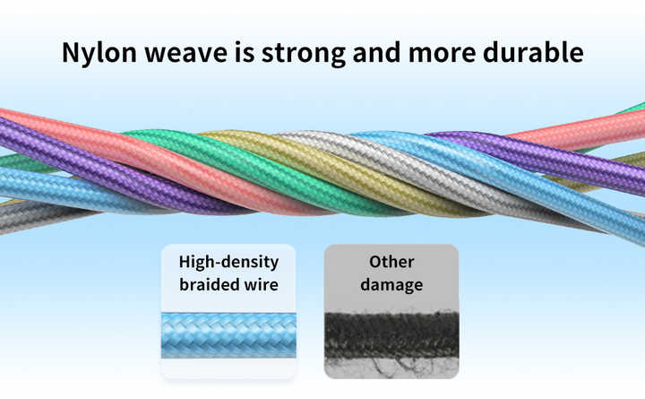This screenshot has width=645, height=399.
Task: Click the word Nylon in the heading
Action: click(99, 53)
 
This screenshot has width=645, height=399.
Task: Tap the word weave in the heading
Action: click(186, 53)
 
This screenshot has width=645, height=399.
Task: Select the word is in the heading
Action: click(245, 52)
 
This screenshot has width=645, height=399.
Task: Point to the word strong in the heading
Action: click(304, 55)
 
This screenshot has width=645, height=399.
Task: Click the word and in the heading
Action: click(376, 52)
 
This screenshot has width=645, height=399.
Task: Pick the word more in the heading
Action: click(442, 54)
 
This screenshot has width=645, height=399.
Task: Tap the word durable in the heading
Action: click(534, 52)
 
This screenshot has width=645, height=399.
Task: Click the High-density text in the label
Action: click(228, 263)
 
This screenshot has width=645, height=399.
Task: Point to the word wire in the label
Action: click(260, 284)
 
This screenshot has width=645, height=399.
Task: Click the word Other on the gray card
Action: click(391, 262)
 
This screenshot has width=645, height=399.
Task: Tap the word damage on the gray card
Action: click(391, 285)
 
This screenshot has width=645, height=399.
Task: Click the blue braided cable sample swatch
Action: click(228, 335)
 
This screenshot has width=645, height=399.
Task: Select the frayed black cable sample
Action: click(391, 334)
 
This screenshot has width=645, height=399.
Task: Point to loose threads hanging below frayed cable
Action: click(395, 366)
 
